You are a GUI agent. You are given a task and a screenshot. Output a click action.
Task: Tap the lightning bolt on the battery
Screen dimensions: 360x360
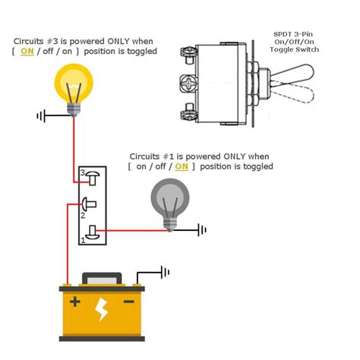(x=102, y=310)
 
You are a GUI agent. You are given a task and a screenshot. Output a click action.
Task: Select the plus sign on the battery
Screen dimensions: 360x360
(x=74, y=302)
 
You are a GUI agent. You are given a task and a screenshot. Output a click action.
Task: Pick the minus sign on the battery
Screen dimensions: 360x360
(x=129, y=302)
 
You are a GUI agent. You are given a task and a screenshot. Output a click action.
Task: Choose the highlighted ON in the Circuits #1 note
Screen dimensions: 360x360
(x=182, y=166)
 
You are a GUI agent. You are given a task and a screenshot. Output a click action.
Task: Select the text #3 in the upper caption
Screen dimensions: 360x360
(x=58, y=40)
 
